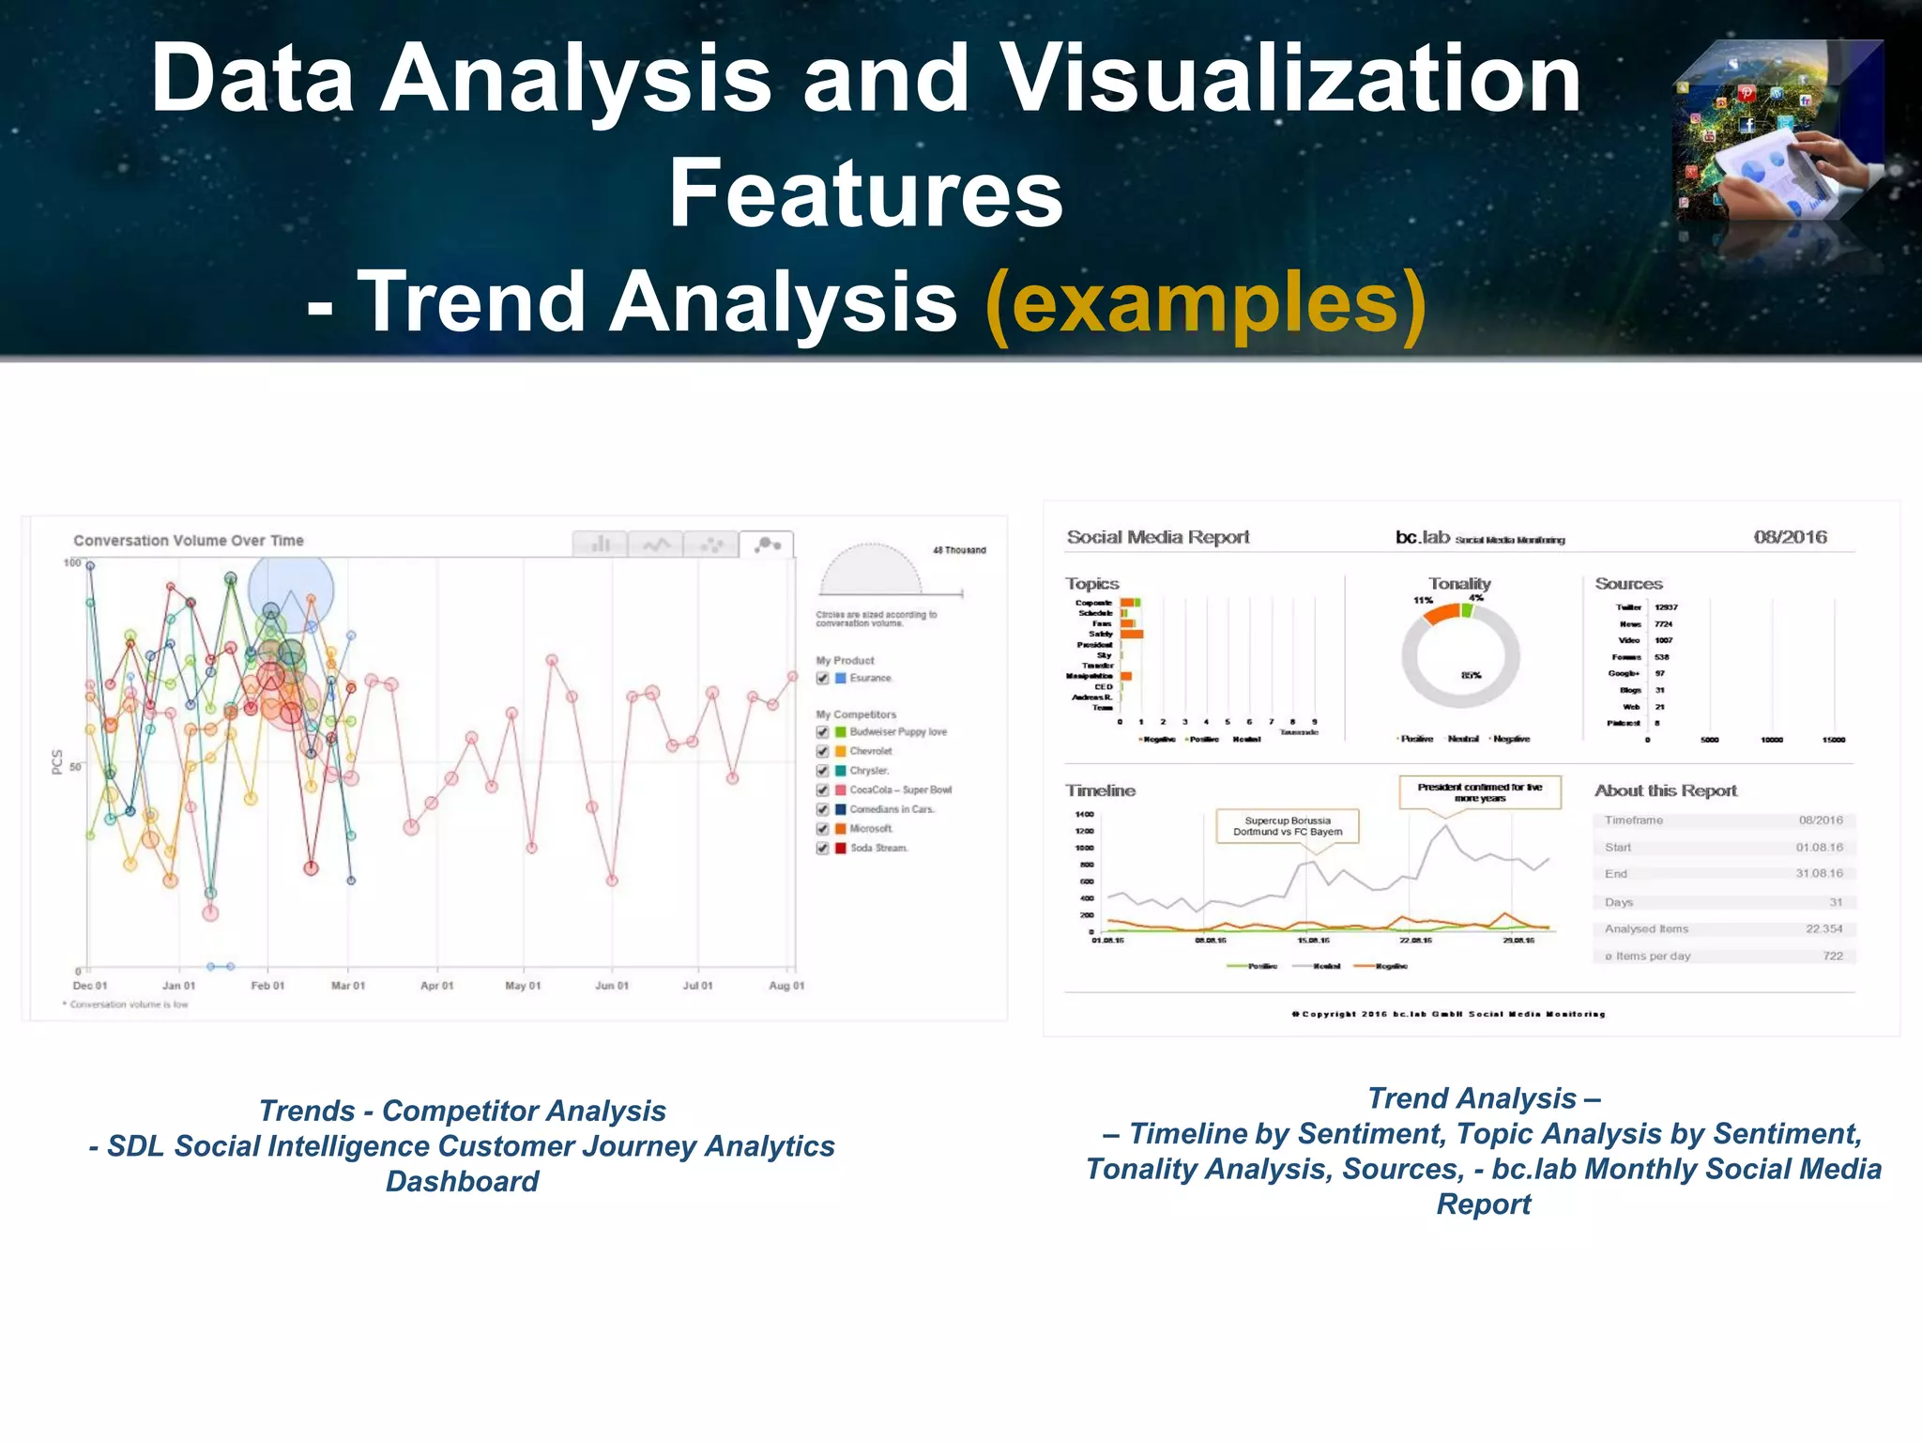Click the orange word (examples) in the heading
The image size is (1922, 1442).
pyautogui.click(x=1206, y=302)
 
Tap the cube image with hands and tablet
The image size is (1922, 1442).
pyautogui.click(x=1779, y=131)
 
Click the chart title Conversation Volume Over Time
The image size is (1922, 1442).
pyautogui.click(x=189, y=541)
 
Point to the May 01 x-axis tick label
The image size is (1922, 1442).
pyautogui.click(x=523, y=986)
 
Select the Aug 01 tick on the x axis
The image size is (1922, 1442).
pyautogui.click(x=786, y=986)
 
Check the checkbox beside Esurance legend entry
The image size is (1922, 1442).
pyautogui.click(x=823, y=678)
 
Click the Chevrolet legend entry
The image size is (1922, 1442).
pyautogui.click(x=871, y=751)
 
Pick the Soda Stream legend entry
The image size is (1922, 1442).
pyautogui.click(x=878, y=848)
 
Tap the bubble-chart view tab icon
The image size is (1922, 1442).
pyautogui.click(x=767, y=545)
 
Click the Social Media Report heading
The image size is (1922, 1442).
pyautogui.click(x=1158, y=537)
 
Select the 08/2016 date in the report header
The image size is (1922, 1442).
pyautogui.click(x=1790, y=537)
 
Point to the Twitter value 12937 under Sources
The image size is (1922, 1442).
pyautogui.click(x=1666, y=607)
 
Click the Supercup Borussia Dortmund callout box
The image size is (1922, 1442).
pyautogui.click(x=1288, y=826)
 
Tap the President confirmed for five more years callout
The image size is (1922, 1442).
pyautogui.click(x=1480, y=792)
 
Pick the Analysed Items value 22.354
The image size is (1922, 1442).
pyautogui.click(x=1823, y=928)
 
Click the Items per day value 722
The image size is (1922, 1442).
pyautogui.click(x=1832, y=956)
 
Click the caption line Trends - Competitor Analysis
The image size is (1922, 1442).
pyautogui.click(x=462, y=1111)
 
